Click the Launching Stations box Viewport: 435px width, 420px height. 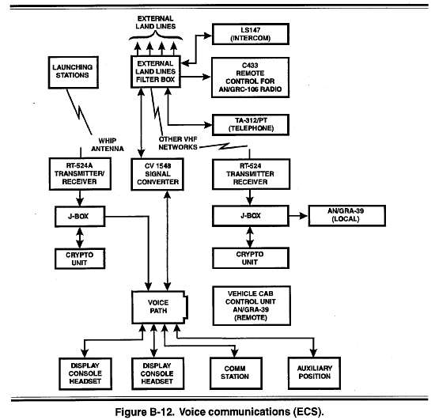[x=74, y=73]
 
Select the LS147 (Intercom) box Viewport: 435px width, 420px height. [x=251, y=34]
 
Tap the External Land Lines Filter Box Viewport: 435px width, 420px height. [x=156, y=71]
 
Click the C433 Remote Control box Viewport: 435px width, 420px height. [x=250, y=78]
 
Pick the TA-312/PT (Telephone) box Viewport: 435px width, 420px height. [x=251, y=124]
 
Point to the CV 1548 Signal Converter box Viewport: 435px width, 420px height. [x=157, y=174]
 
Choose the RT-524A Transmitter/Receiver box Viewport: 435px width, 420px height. [x=80, y=174]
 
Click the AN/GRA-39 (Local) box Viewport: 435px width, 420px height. [x=346, y=216]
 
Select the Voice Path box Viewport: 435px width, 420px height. [x=159, y=307]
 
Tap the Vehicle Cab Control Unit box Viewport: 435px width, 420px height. [x=252, y=305]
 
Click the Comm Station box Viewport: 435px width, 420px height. [x=236, y=373]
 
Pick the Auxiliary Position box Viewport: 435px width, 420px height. [x=314, y=373]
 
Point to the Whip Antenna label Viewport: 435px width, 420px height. [x=108, y=145]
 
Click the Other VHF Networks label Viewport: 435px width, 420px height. [x=178, y=143]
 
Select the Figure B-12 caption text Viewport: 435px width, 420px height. [x=219, y=411]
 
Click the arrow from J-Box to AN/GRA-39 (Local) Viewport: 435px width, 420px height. [x=298, y=216]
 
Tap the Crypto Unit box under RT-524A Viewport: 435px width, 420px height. [x=80, y=259]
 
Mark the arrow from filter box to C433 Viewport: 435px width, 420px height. [x=196, y=77]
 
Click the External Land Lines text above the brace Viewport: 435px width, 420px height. [x=155, y=22]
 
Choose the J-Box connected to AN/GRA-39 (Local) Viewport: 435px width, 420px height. [x=251, y=216]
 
